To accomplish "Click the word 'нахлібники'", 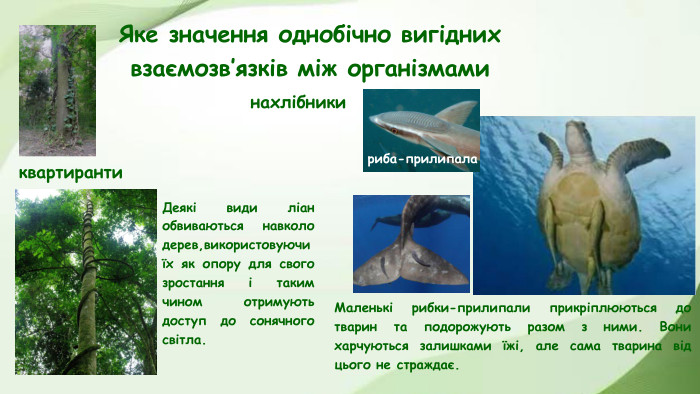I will pyautogui.click(x=298, y=102).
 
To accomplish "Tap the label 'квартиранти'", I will pyautogui.click(x=70, y=173).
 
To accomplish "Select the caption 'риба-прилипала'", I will pyautogui.click(x=422, y=159).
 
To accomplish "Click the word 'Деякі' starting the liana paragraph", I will pyautogui.click(x=179, y=208).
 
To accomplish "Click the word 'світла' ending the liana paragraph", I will pyautogui.click(x=182, y=340).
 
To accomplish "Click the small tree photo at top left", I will pyautogui.click(x=57, y=90).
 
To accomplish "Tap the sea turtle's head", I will pyautogui.click(x=578, y=134).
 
